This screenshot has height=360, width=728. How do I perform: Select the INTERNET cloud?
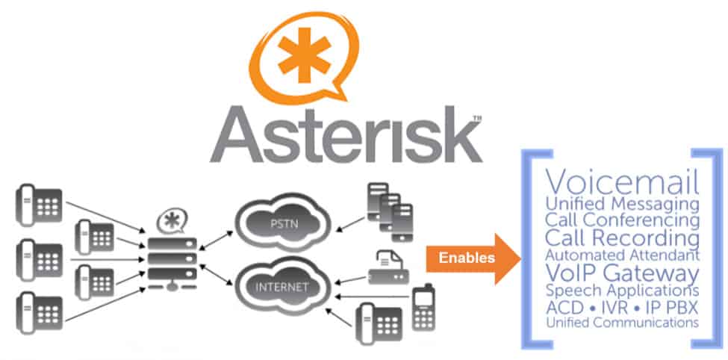[x=281, y=286]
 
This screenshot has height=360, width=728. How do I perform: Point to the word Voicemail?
[x=623, y=182]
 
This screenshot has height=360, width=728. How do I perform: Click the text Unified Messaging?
[x=623, y=203]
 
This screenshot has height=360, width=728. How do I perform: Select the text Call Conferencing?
[x=623, y=220]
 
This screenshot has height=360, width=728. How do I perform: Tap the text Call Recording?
[x=623, y=239]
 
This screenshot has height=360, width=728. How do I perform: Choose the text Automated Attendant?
[x=623, y=255]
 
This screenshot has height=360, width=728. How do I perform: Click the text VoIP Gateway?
[x=623, y=273]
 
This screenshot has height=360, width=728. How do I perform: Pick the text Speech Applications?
[x=623, y=290]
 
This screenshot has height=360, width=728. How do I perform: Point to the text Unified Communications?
[x=623, y=323]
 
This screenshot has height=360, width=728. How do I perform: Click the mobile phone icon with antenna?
[x=423, y=305]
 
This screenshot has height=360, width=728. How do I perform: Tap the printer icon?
[x=387, y=267]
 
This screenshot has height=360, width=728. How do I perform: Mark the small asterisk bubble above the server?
[x=172, y=220]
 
